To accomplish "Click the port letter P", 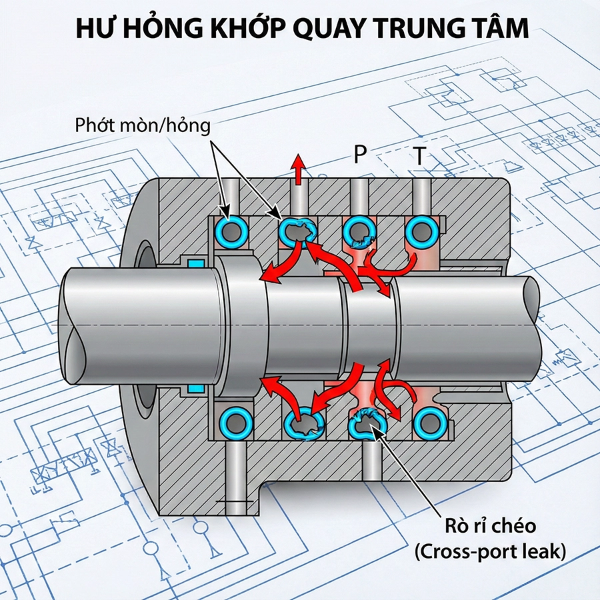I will pyautogui.click(x=360, y=155).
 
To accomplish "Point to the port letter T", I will pyautogui.click(x=419, y=156).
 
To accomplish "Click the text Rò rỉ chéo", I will pyautogui.click(x=491, y=526).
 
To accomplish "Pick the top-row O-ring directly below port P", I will pyautogui.click(x=359, y=232).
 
